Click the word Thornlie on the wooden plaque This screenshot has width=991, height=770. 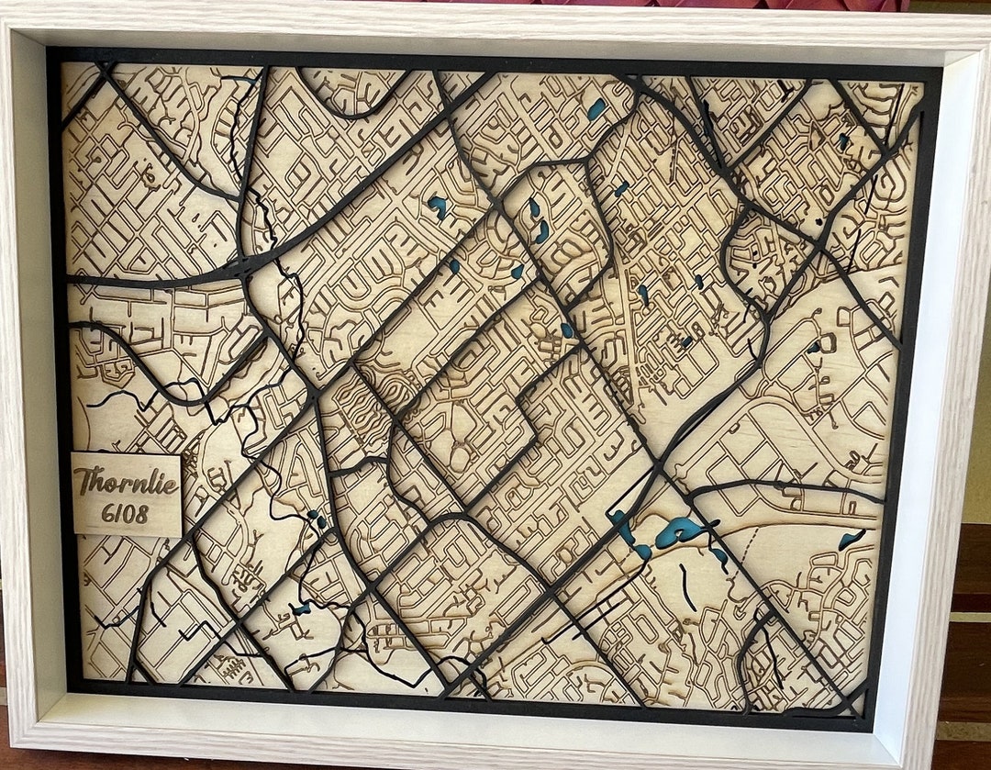(x=126, y=481)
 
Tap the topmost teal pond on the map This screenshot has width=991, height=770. (x=596, y=109)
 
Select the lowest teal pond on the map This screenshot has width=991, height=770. (x=301, y=608)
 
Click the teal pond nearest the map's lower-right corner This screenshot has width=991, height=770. (x=851, y=539)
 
